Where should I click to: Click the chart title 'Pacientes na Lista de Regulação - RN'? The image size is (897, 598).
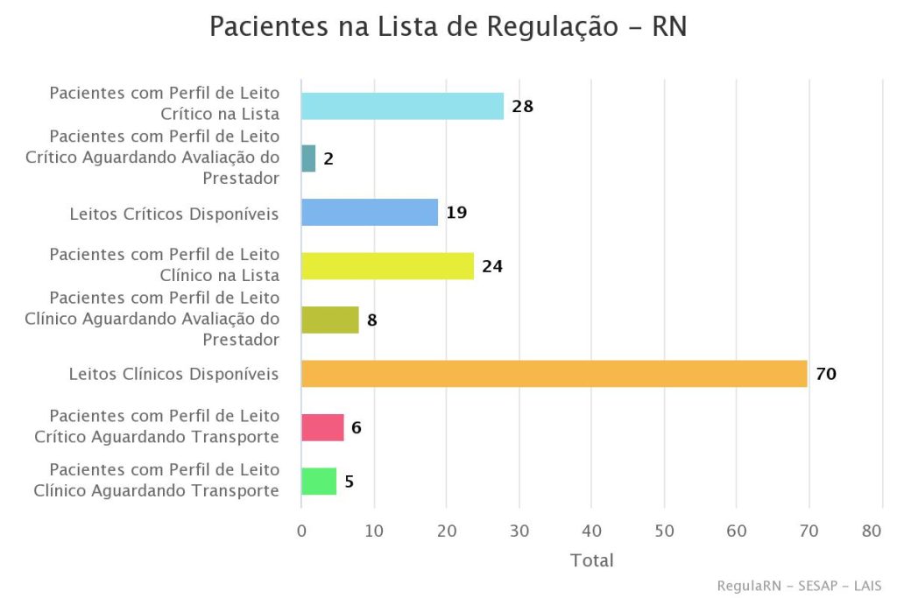448,26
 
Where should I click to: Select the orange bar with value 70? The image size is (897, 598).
554,374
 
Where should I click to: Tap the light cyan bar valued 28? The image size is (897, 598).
402,106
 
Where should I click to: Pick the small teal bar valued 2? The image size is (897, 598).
308,158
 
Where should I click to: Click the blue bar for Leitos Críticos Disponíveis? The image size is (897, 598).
369,213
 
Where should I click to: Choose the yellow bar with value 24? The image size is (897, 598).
387,266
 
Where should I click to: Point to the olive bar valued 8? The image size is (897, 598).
329,320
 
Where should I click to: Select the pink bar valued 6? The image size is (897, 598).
322,427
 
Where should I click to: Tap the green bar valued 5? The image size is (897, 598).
319,482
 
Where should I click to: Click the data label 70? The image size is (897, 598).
826,374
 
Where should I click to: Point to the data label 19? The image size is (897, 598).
456,213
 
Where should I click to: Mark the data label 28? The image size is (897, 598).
523,107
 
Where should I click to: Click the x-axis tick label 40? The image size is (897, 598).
591,531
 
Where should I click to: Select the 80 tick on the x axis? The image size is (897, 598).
872,531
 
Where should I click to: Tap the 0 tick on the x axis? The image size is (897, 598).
301,531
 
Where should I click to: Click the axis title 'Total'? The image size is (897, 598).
591,560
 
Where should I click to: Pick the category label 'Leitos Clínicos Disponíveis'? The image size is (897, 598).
173,374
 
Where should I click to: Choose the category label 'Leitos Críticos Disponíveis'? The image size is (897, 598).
173,213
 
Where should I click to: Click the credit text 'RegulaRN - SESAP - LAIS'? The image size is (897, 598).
799,586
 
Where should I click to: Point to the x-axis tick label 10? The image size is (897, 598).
374,531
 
